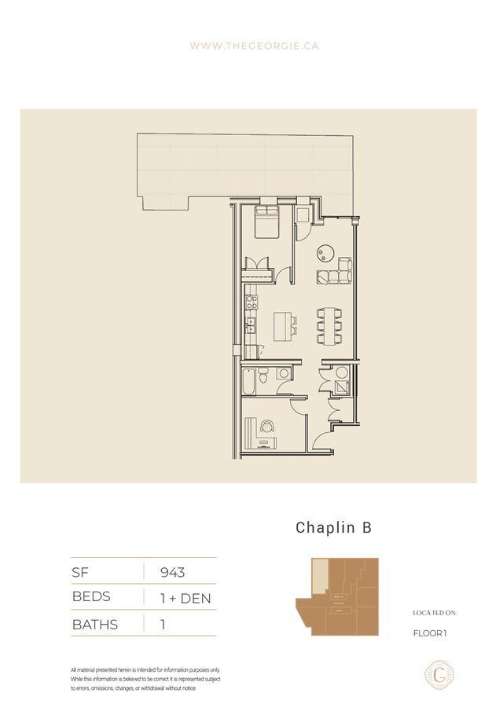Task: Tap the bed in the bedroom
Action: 266,223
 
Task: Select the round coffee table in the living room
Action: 325,252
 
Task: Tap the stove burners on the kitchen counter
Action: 251,303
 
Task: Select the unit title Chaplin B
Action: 332,528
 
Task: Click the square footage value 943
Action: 172,572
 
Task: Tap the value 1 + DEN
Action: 185,598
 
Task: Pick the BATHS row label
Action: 94,625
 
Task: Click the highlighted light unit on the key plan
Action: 318,577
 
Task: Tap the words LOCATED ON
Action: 435,613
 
